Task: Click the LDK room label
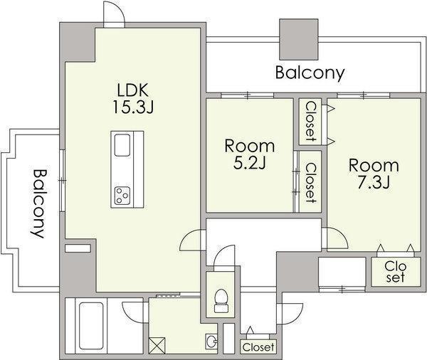(x=133, y=90)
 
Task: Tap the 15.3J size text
(x=133, y=107)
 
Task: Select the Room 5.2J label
(x=250, y=154)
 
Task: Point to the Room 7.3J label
(x=374, y=174)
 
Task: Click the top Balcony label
(x=310, y=73)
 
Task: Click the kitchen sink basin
(x=122, y=145)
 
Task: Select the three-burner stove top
(x=122, y=196)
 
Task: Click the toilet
(x=221, y=301)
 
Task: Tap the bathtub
(x=91, y=325)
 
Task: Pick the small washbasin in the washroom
(x=211, y=341)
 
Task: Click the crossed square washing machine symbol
(x=157, y=346)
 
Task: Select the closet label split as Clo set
(x=396, y=272)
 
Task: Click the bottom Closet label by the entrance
(x=258, y=347)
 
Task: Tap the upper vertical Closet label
(x=310, y=122)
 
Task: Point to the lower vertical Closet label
(x=310, y=183)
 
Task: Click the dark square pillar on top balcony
(x=299, y=39)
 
